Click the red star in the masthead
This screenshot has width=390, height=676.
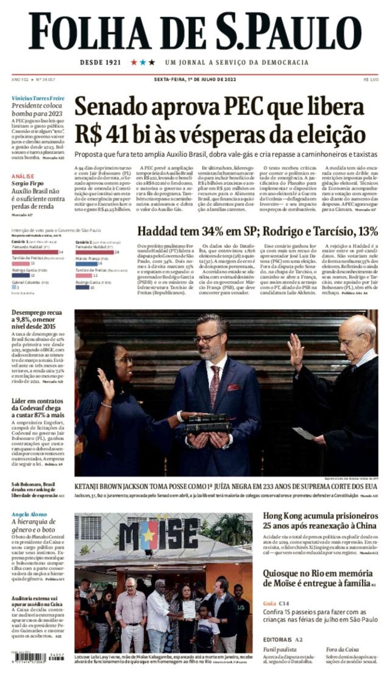click(134, 62)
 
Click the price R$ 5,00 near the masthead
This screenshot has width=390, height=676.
click(371, 79)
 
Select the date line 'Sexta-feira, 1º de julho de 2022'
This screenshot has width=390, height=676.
click(195, 79)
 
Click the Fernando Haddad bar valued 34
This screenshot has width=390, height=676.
click(35, 252)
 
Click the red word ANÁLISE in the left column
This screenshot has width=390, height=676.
click(22, 176)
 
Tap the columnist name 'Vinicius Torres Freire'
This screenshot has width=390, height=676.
click(38, 98)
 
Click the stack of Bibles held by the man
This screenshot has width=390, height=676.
click(208, 422)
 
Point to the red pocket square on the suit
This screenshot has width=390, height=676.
click(233, 387)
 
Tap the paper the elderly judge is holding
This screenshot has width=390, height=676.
click(304, 433)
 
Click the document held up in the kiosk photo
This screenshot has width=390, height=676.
click(189, 609)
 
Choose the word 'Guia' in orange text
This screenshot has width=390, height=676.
click(269, 603)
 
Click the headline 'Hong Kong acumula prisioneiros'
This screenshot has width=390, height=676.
click(320, 516)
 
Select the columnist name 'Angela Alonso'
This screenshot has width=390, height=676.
click(29, 514)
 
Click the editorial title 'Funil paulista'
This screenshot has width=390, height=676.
click(280, 649)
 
